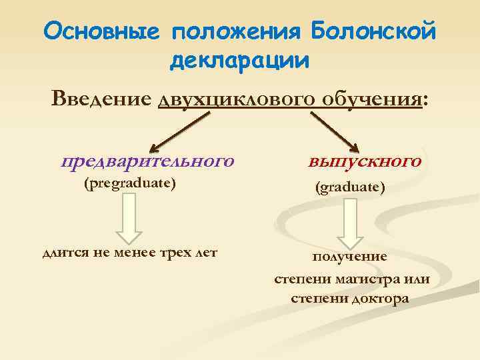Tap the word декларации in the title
(x=239, y=61)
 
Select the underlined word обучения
(x=370, y=99)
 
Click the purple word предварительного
(x=147, y=161)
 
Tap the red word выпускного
(x=365, y=161)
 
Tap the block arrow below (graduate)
(x=351, y=223)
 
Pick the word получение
(x=350, y=257)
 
